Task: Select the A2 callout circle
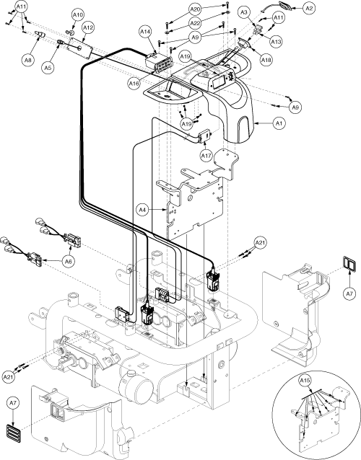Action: [x=309, y=8]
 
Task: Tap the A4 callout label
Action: [x=142, y=210]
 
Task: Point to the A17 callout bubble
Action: [x=206, y=156]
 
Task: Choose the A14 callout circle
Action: [x=145, y=32]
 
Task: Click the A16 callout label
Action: [x=134, y=84]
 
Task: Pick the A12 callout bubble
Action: [x=88, y=28]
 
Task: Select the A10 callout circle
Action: [x=78, y=14]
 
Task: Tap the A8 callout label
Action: [x=27, y=60]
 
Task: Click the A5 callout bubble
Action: [x=48, y=68]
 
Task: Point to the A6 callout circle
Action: [x=68, y=261]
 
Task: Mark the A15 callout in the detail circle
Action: [x=305, y=381]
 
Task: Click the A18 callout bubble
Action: [x=266, y=60]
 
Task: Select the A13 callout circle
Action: [x=276, y=42]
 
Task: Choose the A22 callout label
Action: [x=194, y=23]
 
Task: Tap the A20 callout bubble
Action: [x=194, y=9]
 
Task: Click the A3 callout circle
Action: [x=244, y=12]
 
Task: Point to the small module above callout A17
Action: [x=205, y=136]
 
